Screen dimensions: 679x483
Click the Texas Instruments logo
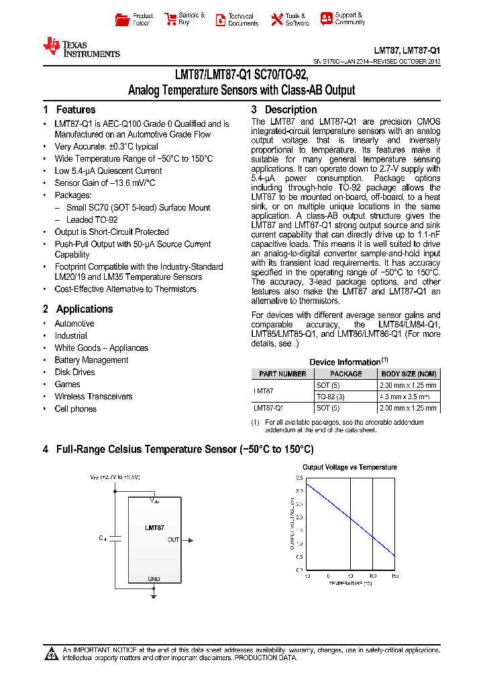point(80,47)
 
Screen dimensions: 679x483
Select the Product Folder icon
point(122,19)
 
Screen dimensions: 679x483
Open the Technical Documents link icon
point(220,19)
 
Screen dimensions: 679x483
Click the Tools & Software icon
point(277,19)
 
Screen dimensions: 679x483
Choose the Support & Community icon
point(326,19)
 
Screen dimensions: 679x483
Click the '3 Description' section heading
point(284,109)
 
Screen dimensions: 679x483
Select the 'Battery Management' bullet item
point(91,360)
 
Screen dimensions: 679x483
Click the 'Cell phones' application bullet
point(75,409)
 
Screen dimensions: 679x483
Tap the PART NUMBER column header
point(282,374)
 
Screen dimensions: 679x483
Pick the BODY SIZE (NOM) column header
point(409,374)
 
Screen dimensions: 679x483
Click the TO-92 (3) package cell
point(330,397)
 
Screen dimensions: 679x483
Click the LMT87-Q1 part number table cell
point(268,407)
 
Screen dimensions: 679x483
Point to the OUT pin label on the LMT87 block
point(173,539)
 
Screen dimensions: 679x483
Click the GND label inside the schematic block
point(154,578)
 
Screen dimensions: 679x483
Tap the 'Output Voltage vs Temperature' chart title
point(350,467)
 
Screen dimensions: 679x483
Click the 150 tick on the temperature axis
point(394,576)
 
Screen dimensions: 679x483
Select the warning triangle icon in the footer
point(52,654)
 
